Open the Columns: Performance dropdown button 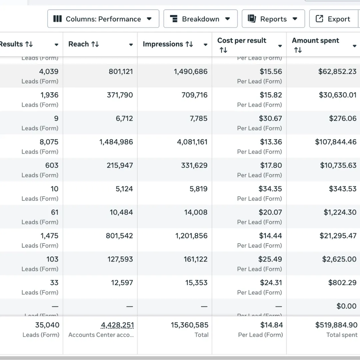103,19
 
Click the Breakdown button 200,19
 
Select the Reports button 273,19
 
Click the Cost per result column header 242,41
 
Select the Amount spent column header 315,41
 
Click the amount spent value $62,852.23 337,71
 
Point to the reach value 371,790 120,95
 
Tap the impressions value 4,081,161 192,142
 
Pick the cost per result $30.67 270,118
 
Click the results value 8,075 49,142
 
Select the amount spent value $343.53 343,189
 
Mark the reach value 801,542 119,236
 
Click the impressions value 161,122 195,259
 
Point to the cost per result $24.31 271,283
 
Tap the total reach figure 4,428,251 117,325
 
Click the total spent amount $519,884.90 336,325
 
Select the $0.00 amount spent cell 346,306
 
